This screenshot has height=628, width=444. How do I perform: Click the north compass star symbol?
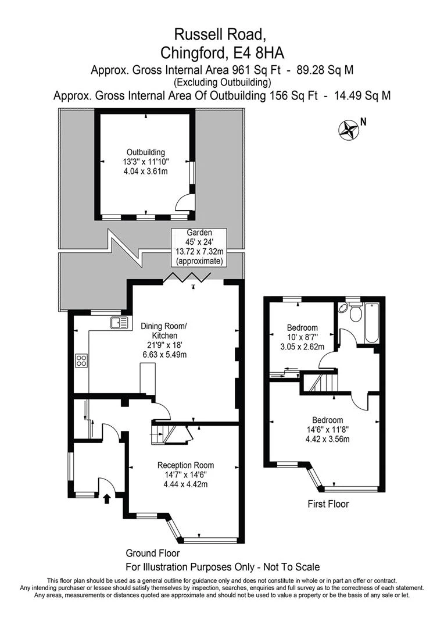[348, 129]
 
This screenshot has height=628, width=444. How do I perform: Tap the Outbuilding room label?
[146, 162]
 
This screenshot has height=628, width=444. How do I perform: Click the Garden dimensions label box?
[199, 247]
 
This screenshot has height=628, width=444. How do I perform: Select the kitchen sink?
[119, 322]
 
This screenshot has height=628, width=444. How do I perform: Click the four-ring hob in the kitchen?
[81, 361]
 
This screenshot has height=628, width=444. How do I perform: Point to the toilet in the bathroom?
[355, 312]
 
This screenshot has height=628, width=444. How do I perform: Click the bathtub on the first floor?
[371, 323]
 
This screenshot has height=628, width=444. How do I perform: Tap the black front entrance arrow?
[106, 498]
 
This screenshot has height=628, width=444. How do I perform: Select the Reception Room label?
[185, 474]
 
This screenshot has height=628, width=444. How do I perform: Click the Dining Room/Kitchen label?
[164, 340]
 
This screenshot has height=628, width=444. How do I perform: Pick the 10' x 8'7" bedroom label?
[302, 337]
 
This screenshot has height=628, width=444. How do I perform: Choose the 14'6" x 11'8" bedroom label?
[328, 429]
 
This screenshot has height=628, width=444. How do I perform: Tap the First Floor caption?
[328, 504]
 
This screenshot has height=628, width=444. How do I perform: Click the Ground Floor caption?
[152, 553]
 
